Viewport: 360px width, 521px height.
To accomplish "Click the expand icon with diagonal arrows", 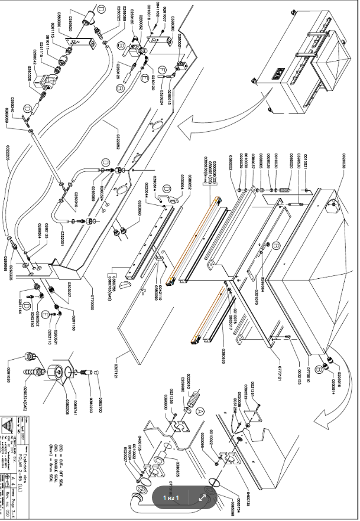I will [x=202, y=497].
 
